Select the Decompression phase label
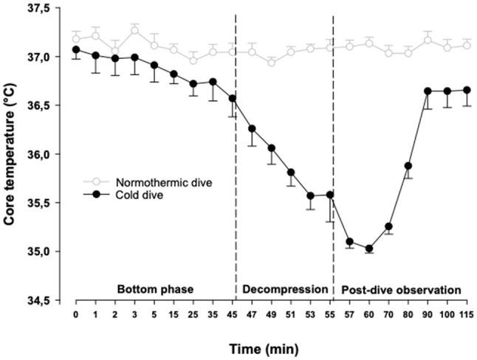(284, 289)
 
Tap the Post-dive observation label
(403, 289)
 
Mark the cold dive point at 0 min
(76, 49)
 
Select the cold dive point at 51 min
(291, 173)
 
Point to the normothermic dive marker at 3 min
(134, 30)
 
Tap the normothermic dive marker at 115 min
(467, 45)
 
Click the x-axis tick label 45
(232, 315)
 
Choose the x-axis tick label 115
(467, 315)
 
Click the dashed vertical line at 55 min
(333, 148)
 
